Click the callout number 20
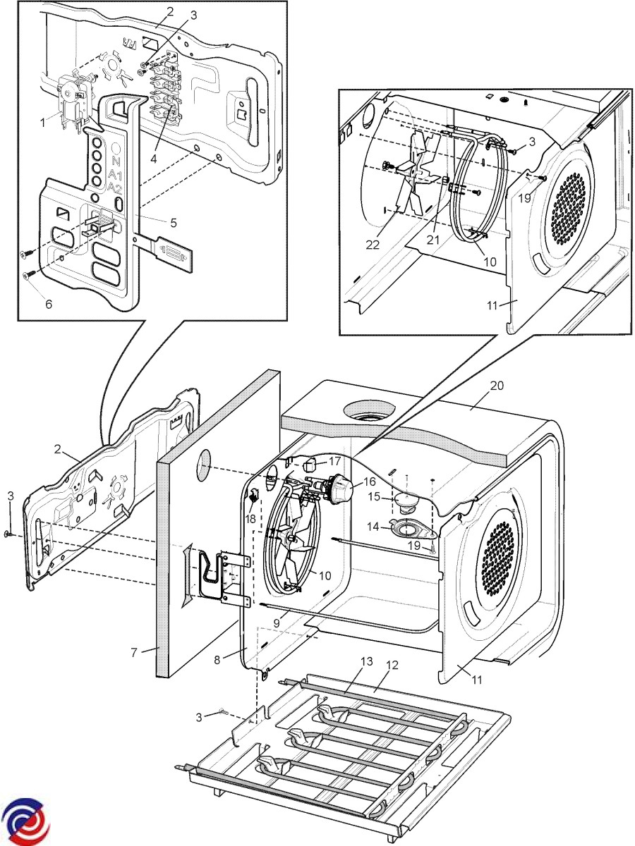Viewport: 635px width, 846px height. coord(497,386)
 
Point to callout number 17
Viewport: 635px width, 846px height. coord(334,462)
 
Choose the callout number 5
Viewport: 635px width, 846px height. coord(173,223)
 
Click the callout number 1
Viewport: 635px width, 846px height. coord(43,122)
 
